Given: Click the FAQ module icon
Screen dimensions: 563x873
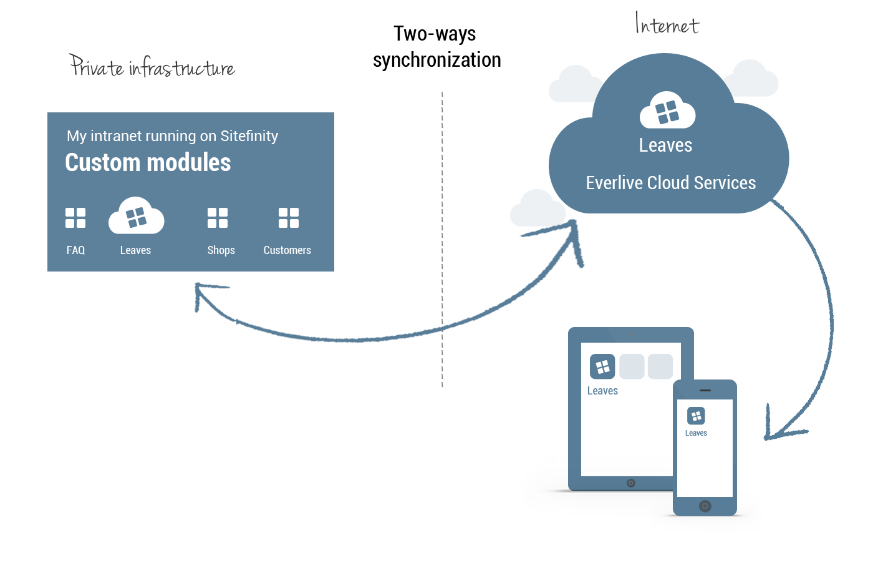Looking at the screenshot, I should point(75,218).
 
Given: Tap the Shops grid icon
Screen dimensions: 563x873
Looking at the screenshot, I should point(218,218).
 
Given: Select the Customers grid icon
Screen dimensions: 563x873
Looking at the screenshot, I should point(289,218).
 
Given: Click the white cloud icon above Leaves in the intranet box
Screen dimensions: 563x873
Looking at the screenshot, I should point(136,217).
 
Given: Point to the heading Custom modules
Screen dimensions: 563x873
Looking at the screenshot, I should point(148,163).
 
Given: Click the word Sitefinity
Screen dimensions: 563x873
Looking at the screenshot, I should point(249,136).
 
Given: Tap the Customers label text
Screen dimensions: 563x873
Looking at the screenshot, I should point(287,250).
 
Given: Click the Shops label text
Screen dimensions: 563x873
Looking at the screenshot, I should point(221,250).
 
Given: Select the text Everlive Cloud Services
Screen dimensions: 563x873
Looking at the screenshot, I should point(670,183).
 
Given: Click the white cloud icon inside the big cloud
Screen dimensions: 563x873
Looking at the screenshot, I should point(667,111).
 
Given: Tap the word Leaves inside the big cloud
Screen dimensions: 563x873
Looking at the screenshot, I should point(665,145).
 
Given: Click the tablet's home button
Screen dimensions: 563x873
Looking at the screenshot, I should point(631,483).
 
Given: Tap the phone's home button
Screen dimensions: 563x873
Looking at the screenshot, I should point(705,506).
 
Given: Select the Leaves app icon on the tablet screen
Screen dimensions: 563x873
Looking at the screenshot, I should point(602,366).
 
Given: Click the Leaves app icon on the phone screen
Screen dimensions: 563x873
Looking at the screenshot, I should point(696,416).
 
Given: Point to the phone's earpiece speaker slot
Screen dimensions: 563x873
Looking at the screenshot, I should point(705,391).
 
